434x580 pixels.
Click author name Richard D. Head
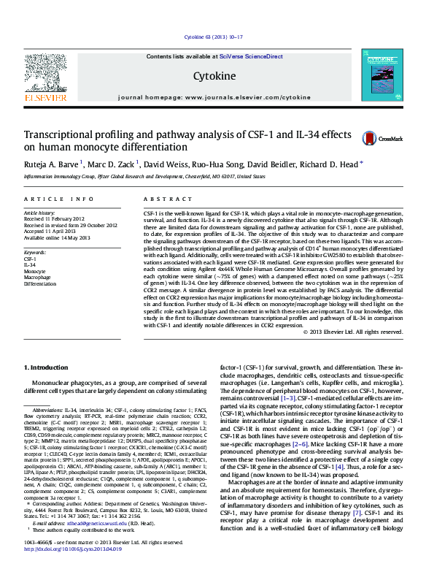(x=330, y=165)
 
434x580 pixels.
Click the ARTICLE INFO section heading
(x=59, y=199)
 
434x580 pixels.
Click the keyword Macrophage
(x=37, y=278)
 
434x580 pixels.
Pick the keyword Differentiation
(x=39, y=283)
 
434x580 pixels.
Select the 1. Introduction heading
(x=49, y=367)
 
